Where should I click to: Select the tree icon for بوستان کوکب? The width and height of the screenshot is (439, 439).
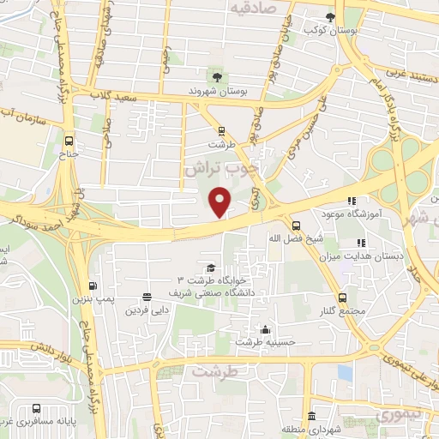(331, 16)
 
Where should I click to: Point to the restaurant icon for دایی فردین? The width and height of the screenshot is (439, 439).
(147, 295)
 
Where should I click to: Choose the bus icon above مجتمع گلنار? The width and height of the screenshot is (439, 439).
(343, 296)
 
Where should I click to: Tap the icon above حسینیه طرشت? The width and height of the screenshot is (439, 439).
(266, 330)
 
